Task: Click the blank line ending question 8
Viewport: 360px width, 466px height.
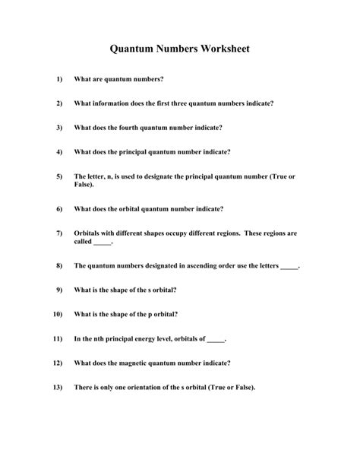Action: pyautogui.click(x=289, y=267)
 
